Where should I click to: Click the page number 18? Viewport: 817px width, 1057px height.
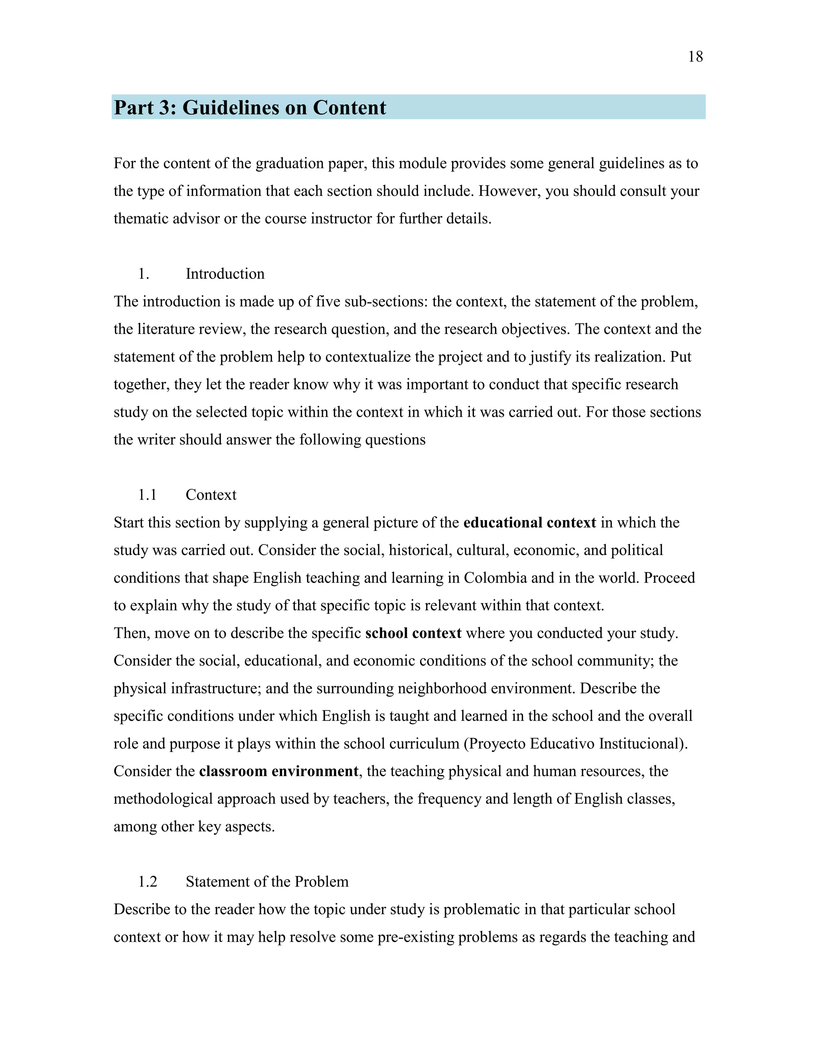695,57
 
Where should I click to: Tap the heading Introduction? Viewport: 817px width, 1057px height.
225,274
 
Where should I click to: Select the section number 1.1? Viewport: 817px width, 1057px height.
147,495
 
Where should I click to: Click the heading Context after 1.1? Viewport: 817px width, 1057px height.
211,495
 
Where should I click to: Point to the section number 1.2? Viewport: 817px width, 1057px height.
148,881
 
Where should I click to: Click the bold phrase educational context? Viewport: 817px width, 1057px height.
529,523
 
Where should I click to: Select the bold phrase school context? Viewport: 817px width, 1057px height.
413,633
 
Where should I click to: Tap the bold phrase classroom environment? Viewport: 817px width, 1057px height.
279,771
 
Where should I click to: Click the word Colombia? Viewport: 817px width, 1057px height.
495,578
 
